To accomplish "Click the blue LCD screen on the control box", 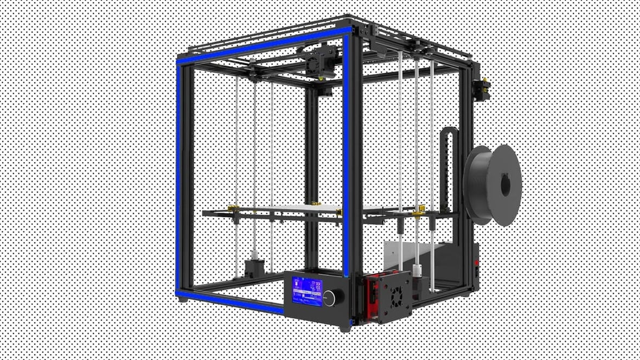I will pyautogui.click(x=307, y=291).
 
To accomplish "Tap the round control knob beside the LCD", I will pyautogui.click(x=330, y=296).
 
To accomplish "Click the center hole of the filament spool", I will pyautogui.click(x=505, y=185).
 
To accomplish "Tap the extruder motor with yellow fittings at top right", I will pyautogui.click(x=481, y=88).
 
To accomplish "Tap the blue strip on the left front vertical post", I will pyautogui.click(x=178, y=179).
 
